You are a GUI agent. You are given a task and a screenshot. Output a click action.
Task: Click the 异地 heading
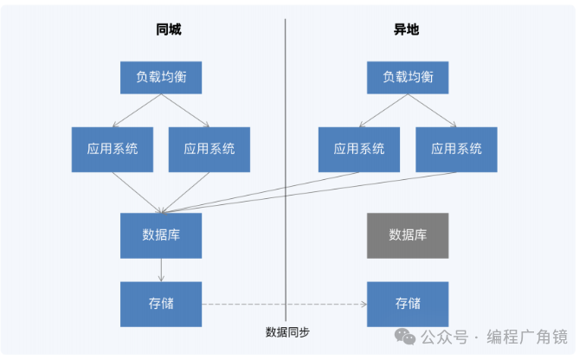click(406, 29)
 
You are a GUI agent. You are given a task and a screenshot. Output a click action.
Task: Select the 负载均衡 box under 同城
click(161, 77)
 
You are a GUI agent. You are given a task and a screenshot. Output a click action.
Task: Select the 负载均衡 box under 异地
click(408, 77)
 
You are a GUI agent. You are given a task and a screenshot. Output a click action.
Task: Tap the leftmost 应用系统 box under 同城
click(113, 149)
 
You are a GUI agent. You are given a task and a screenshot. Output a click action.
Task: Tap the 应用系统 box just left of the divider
click(209, 149)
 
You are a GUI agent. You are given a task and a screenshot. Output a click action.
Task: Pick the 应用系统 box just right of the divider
click(358, 149)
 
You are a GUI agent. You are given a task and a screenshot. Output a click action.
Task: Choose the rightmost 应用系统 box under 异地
click(456, 149)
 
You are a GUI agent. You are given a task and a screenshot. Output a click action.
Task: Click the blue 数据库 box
click(161, 235)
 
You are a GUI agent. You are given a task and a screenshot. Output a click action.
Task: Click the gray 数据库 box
click(408, 235)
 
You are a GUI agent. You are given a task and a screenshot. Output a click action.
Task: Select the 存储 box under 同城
click(161, 304)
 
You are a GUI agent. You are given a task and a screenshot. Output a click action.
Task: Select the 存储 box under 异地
click(408, 304)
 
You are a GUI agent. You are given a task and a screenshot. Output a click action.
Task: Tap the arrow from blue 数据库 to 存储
click(161, 269)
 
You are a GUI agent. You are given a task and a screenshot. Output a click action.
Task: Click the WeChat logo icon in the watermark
click(405, 336)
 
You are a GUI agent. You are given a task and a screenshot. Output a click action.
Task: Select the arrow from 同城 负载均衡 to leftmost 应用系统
click(138, 111)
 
